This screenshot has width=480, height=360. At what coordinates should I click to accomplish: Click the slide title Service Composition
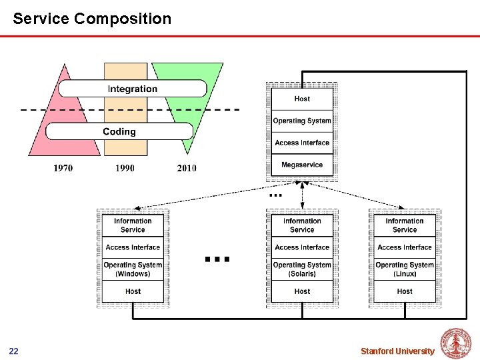(x=92, y=19)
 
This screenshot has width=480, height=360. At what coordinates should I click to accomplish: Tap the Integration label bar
(x=133, y=89)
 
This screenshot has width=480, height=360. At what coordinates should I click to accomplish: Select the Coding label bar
(x=119, y=131)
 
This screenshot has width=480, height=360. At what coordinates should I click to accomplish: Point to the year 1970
(x=63, y=168)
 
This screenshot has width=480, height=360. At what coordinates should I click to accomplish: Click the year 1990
(x=125, y=168)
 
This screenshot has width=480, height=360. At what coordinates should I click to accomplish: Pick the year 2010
(x=187, y=168)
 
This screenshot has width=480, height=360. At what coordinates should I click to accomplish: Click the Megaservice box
(x=302, y=165)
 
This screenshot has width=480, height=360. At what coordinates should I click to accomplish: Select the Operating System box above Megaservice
(x=302, y=121)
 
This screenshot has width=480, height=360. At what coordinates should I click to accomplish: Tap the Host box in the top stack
(x=302, y=99)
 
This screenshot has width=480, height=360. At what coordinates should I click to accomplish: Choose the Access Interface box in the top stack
(x=302, y=143)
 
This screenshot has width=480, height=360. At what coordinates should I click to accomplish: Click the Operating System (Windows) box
(x=133, y=269)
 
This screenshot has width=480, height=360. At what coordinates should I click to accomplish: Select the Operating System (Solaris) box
(x=302, y=269)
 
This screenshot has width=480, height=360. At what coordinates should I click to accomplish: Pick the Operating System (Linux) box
(x=405, y=269)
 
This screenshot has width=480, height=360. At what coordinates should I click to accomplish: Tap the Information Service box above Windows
(x=133, y=225)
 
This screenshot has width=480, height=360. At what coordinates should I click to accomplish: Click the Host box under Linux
(x=405, y=291)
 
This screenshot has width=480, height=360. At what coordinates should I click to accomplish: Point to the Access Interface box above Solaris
(x=302, y=247)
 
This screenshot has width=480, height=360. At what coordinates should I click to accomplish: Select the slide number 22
(x=14, y=351)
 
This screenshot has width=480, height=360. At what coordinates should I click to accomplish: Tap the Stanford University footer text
(x=397, y=351)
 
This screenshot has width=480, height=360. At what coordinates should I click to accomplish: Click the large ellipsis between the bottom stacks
(x=217, y=259)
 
